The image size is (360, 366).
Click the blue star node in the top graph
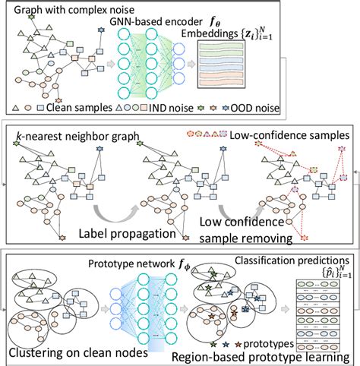[101, 30]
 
